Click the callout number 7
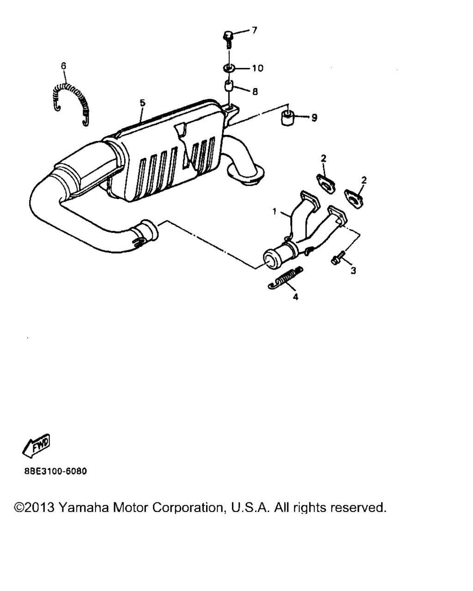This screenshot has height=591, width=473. pos(254,30)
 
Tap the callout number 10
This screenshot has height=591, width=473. pos(258,68)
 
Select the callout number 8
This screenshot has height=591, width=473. pos(255,91)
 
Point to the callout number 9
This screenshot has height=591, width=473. pos(314,118)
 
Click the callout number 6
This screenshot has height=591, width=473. pos(63,66)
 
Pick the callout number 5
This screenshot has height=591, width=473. pos(142,103)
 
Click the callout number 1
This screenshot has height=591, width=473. pos(274,211)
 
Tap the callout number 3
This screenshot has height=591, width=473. pos(353,271)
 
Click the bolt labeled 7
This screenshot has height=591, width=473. pos(228,39)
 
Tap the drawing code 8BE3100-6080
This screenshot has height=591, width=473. pos(55,471)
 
